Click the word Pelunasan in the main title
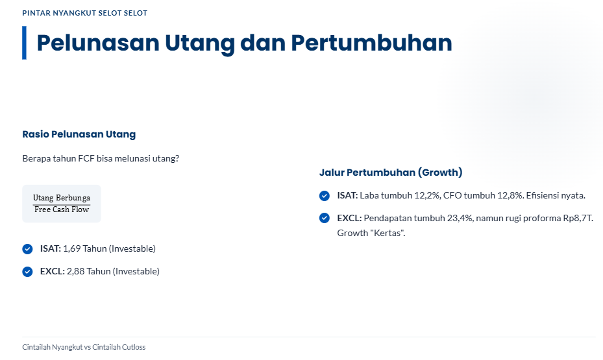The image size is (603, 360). [98, 43]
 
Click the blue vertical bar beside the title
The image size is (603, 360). [24, 43]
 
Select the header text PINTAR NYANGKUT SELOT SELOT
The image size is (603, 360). [84, 13]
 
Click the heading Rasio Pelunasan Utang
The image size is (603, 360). [79, 134]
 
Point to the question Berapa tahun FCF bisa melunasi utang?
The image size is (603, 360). [101, 159]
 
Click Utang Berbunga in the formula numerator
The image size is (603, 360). [62, 198]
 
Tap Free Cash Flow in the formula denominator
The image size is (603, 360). [62, 210]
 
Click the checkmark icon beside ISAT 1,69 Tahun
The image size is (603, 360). [27, 249]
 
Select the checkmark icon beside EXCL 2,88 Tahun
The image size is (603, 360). [27, 272]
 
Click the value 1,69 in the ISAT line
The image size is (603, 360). [72, 249]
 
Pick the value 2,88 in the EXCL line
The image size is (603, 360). [76, 272]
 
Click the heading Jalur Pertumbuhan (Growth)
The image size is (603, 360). [391, 173]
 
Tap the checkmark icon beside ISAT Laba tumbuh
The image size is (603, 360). [324, 196]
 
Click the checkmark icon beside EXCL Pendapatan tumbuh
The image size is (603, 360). [324, 218]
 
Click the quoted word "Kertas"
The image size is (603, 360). [388, 234]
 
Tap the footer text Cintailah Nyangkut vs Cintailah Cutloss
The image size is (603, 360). [84, 347]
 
